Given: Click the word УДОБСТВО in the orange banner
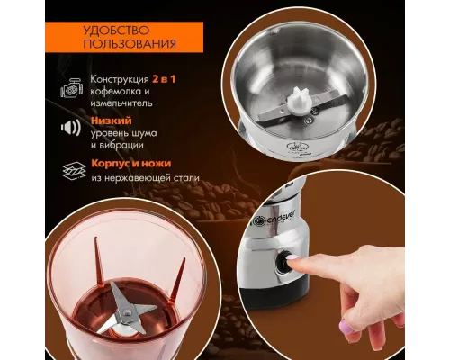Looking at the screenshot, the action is pyautogui.click(x=116, y=31).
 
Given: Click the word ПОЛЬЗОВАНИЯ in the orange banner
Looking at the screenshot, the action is pyautogui.click(x=130, y=44).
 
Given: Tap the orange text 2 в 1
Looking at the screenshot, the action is pyautogui.click(x=164, y=79).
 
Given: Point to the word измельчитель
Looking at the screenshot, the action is pyautogui.click(x=121, y=103).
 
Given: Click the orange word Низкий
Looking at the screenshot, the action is pyautogui.click(x=112, y=121).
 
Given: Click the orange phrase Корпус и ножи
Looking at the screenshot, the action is pyautogui.click(x=131, y=164).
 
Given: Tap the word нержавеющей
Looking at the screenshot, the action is pyautogui.click(x=137, y=178).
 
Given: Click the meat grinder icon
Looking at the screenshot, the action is pyautogui.click(x=71, y=88).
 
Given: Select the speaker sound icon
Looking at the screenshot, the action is pyautogui.click(x=71, y=128).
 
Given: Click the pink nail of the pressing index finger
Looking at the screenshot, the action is pyautogui.click(x=292, y=257).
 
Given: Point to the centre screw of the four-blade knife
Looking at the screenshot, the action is pyautogui.click(x=128, y=312).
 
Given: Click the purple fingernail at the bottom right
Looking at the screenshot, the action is pyautogui.click(x=346, y=326).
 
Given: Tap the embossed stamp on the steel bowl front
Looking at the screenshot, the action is pyautogui.click(x=298, y=148).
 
